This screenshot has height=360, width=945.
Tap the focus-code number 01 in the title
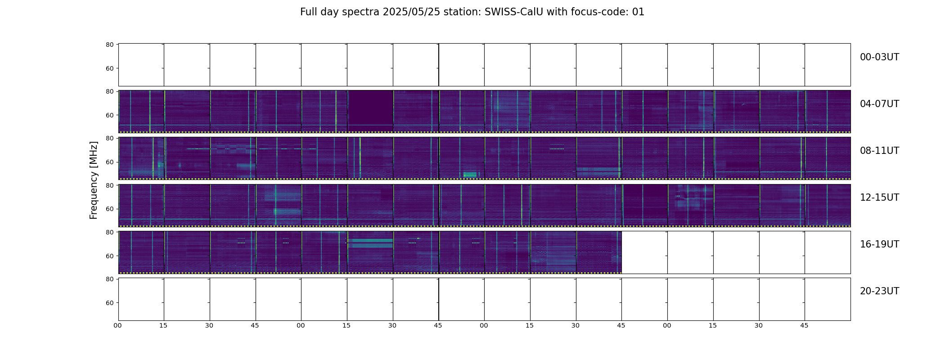tap(638, 12)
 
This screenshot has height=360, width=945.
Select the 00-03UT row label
tap(879, 57)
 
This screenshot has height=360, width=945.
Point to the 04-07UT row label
tap(879, 104)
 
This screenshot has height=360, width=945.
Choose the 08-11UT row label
tap(879, 151)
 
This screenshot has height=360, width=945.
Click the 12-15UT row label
tap(879, 198)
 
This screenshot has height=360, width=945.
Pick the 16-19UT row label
tap(879, 244)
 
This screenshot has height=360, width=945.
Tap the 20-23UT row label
tap(879, 291)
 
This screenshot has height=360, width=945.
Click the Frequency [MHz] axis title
tap(94, 180)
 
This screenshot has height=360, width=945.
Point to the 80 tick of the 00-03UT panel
tap(109, 45)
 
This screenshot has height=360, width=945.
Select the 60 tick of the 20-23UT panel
tap(109, 303)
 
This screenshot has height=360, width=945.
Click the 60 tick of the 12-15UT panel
tap(109, 209)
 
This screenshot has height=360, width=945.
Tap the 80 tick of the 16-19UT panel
tap(109, 232)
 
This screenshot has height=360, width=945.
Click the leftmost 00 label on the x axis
tap(117, 325)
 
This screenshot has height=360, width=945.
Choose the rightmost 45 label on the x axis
tap(804, 325)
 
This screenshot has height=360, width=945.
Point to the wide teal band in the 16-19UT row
tap(370, 243)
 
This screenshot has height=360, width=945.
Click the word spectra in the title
tap(361, 13)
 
